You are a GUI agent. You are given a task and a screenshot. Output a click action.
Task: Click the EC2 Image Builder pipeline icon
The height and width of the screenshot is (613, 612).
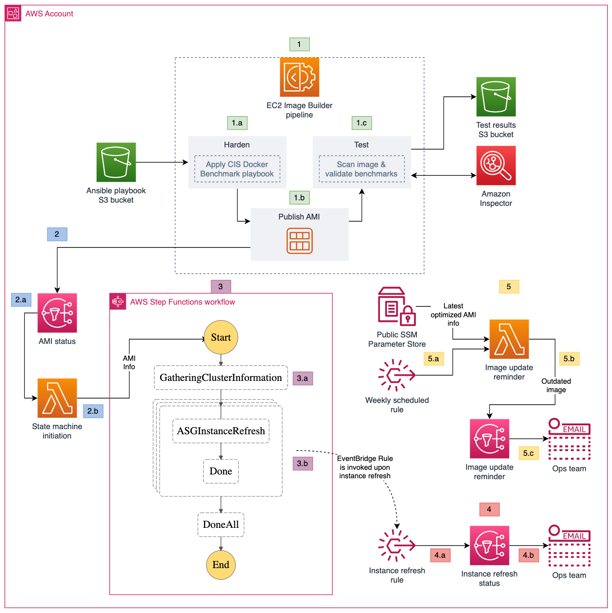pyautogui.click(x=299, y=77)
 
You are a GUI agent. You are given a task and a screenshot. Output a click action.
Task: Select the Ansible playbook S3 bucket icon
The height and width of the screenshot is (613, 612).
pyautogui.click(x=116, y=162)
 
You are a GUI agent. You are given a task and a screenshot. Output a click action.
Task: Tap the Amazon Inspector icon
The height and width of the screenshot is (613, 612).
pyautogui.click(x=496, y=166)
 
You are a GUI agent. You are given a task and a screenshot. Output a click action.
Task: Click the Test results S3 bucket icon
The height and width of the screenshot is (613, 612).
pyautogui.click(x=496, y=97)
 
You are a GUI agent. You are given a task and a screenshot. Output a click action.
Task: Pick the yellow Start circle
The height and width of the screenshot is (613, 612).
pyautogui.click(x=221, y=337)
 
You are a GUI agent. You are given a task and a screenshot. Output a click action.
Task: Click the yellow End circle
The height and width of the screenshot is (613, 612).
pyautogui.click(x=221, y=565)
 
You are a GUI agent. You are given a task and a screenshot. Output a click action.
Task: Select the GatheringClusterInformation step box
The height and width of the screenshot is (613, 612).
pyautogui.click(x=221, y=378)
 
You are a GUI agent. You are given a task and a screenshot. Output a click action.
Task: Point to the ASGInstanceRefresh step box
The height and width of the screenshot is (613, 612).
pyautogui.click(x=221, y=431)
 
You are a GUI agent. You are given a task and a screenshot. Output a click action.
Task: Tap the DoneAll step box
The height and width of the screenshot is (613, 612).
pyautogui.click(x=221, y=525)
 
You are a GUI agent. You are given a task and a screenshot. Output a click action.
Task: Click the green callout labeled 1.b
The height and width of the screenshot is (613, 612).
pyautogui.click(x=299, y=197)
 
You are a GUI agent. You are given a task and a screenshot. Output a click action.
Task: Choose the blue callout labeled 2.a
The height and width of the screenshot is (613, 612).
pyautogui.click(x=21, y=300)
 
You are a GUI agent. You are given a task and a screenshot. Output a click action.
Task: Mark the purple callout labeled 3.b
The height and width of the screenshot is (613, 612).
pyautogui.click(x=303, y=464)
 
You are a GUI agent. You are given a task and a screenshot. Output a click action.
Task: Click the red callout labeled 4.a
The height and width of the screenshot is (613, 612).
pyautogui.click(x=440, y=555)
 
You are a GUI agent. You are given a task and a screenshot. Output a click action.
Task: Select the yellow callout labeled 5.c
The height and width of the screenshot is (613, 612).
pyautogui.click(x=529, y=453)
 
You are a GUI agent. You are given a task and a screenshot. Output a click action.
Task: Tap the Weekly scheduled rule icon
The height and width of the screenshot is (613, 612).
pyautogui.click(x=397, y=375)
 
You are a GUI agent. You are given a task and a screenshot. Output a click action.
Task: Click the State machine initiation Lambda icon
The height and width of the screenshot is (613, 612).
pyautogui.click(x=57, y=398)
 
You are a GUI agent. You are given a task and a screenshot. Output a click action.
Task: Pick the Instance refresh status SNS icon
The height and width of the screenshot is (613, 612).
pyautogui.click(x=489, y=546)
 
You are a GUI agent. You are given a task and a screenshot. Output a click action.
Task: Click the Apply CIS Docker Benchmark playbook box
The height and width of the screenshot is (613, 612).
pyautogui.click(x=237, y=169)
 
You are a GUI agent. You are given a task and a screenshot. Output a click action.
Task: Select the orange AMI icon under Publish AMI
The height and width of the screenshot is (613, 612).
pyautogui.click(x=299, y=241)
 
